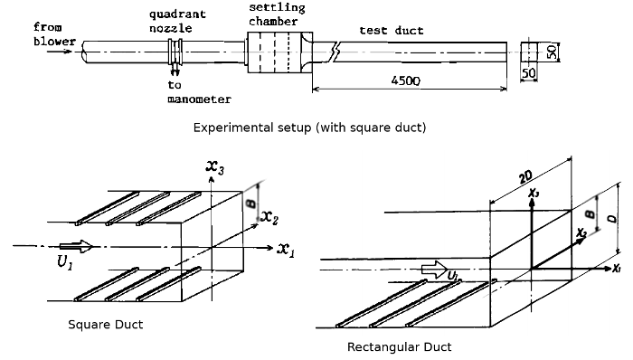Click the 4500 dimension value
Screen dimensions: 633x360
tap(405, 81)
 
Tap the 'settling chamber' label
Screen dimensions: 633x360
tap(277, 14)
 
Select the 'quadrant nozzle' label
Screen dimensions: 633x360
tap(177, 21)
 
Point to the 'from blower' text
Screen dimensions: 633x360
tap(54, 34)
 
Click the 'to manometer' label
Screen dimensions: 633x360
tap(200, 92)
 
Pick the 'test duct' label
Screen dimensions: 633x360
tap(392, 31)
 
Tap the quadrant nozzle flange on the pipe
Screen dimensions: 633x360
tap(175, 52)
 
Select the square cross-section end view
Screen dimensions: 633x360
tap(529, 52)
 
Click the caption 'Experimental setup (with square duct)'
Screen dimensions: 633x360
tap(309, 128)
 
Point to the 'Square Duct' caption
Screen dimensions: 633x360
tap(106, 325)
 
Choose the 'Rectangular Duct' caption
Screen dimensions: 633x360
tap(400, 347)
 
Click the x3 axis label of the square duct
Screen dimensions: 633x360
tap(215, 167)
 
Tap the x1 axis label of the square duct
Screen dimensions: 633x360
tap(286, 250)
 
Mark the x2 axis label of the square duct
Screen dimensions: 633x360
tap(269, 217)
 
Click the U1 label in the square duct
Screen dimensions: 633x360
tap(64, 262)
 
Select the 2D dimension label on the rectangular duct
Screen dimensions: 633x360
tap(525, 176)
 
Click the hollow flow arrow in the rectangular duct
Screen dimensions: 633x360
tap(434, 270)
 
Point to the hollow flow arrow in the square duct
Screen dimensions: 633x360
tap(76, 246)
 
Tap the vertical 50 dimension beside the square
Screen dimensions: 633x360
tap(552, 52)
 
